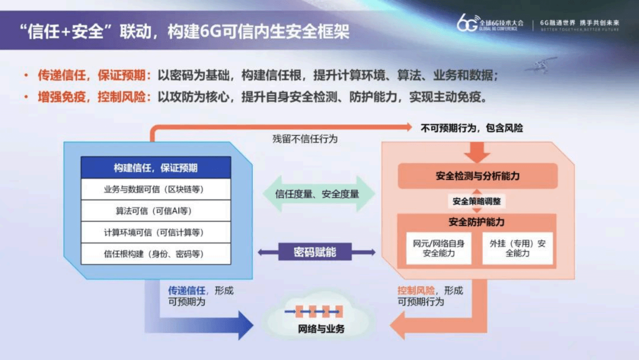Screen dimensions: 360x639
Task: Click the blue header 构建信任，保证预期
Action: coord(156,168)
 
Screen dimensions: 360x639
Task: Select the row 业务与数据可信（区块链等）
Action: coord(156,189)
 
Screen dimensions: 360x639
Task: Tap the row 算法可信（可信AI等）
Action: coord(156,211)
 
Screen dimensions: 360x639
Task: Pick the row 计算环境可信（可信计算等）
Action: coord(156,232)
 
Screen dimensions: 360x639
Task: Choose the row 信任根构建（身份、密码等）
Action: coord(156,254)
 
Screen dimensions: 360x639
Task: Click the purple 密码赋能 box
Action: coord(315,252)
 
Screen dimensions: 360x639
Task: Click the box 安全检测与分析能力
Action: coord(478,176)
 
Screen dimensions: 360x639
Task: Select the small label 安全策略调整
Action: coord(476,201)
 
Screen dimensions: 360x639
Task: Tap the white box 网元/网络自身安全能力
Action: coord(438,248)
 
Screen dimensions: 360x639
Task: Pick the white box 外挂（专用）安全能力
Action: coord(517,248)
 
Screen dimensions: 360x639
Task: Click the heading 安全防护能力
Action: coord(476,222)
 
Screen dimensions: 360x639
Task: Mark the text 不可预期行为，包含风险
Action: coord(471,128)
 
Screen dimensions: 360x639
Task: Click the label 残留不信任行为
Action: coord(305,139)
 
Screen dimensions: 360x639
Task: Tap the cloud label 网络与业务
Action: coord(321,329)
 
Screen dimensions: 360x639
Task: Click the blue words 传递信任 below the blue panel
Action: coord(186,290)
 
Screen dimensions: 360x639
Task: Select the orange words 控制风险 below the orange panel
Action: coord(416,290)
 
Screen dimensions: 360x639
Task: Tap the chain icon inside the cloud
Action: coord(314,311)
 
